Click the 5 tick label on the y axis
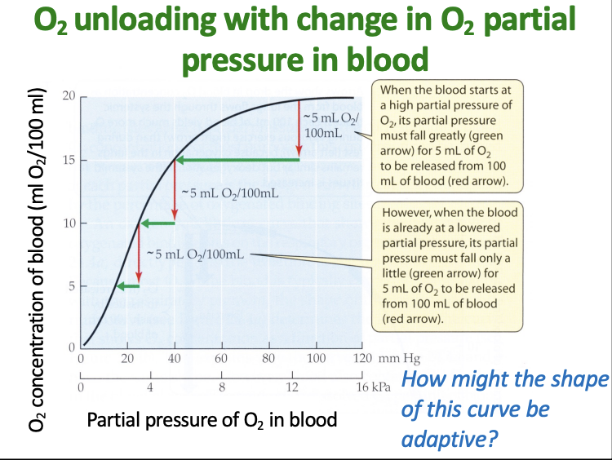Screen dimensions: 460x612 (x=72, y=286)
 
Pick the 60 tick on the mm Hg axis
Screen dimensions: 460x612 (x=221, y=359)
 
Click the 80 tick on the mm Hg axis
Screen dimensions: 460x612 (x=268, y=359)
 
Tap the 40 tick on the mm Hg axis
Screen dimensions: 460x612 (x=174, y=359)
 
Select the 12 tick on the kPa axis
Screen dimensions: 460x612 (x=291, y=387)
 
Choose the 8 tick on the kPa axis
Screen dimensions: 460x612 (x=221, y=387)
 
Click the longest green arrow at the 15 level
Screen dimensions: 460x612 (x=237, y=159)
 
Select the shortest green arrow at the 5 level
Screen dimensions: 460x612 (x=127, y=285)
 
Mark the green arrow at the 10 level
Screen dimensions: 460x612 (x=157, y=223)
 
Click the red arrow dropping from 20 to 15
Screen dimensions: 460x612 (x=299, y=127)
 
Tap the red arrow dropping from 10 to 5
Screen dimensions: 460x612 (x=140, y=254)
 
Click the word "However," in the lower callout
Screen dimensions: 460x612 (x=407, y=212)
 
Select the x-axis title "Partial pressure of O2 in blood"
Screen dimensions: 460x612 (x=212, y=420)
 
